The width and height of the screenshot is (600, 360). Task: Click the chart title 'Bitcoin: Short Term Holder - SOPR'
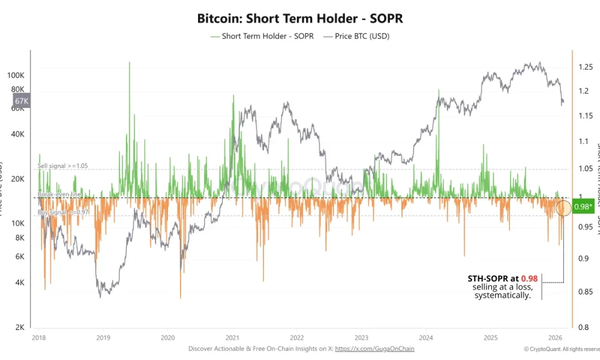[x=300, y=18]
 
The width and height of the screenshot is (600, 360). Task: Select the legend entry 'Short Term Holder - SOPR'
[x=257, y=36]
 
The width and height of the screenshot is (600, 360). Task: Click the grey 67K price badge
[x=22, y=101]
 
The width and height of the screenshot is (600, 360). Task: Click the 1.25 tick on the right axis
[x=586, y=67]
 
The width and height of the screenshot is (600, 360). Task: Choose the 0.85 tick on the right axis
[x=586, y=292]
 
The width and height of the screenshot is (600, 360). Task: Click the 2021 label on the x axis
[x=233, y=338]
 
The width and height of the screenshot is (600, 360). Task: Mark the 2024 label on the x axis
[x=427, y=338]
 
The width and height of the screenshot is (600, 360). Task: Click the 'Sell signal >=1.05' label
[x=63, y=166]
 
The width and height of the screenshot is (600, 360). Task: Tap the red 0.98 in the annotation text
[x=529, y=278]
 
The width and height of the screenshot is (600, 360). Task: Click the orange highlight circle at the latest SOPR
[x=563, y=208]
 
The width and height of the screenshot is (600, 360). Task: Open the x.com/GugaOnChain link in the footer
[x=374, y=349]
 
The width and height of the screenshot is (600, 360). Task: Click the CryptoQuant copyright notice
[x=561, y=349]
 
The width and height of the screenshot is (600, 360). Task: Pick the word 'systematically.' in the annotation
[x=502, y=295]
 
